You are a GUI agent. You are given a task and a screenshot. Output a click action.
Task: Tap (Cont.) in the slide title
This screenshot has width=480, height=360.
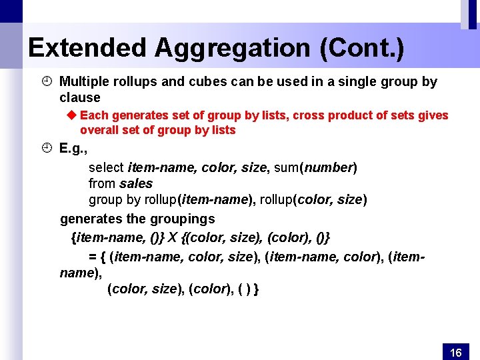(x=362, y=47)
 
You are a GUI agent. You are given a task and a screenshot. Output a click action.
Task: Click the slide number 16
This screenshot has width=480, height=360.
(x=456, y=352)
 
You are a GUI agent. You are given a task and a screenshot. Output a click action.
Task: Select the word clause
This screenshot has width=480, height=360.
(x=79, y=97)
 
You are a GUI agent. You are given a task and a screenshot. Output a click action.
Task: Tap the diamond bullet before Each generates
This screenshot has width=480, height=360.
(x=73, y=115)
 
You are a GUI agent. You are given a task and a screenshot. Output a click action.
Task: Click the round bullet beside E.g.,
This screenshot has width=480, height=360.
(x=45, y=148)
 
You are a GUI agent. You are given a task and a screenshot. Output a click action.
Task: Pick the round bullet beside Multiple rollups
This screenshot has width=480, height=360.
(x=45, y=81)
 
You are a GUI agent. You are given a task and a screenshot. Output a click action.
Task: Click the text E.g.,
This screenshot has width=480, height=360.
(x=73, y=148)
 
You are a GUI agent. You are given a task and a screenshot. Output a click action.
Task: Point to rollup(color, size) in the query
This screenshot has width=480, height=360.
(x=313, y=199)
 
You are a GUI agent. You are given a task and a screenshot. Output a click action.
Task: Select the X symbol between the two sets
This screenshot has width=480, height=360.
(x=172, y=237)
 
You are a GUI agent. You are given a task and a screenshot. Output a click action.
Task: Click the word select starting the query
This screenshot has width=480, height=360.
(x=106, y=167)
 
